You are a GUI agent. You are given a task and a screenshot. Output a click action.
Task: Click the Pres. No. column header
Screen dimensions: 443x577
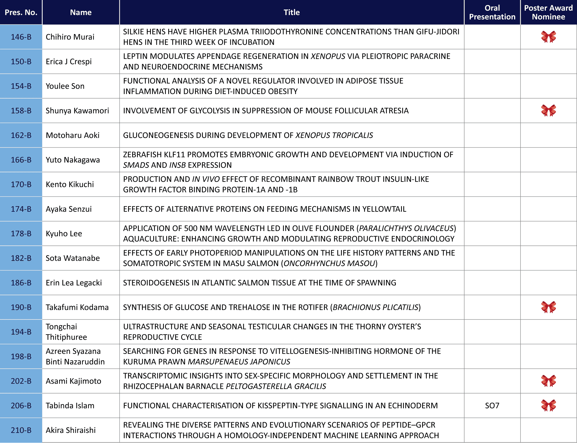21,12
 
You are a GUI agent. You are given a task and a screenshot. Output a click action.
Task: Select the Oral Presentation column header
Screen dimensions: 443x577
492,12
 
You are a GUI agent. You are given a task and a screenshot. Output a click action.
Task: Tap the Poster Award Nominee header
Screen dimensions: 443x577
548,12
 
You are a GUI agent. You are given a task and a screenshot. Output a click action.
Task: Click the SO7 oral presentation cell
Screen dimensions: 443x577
492,406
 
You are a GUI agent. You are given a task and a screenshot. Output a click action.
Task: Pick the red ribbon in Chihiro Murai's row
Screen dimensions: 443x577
548,37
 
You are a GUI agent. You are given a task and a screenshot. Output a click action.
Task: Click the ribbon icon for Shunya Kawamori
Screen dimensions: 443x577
548,111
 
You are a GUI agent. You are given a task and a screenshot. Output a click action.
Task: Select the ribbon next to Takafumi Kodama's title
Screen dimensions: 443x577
548,307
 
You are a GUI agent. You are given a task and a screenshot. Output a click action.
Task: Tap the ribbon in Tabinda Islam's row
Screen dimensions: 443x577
548,406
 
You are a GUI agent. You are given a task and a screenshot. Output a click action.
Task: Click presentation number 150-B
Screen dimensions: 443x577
21,62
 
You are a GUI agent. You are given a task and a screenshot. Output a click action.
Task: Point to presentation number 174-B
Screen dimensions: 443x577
21,209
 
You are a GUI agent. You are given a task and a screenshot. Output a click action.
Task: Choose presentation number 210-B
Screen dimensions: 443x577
21,430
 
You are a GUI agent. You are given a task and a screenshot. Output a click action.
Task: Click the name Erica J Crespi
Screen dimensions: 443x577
69,62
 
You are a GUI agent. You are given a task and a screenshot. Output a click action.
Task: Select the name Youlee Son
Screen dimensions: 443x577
65,86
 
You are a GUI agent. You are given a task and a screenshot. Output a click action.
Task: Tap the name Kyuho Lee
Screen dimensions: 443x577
64,234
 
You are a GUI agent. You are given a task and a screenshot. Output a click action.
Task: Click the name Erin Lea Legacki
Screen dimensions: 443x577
74,283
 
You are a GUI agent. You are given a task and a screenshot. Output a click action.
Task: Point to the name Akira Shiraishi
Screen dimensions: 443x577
71,430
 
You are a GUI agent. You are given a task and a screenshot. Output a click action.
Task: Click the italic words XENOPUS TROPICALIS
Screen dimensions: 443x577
334,135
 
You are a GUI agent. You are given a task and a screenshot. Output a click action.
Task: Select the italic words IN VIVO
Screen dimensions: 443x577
206,179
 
